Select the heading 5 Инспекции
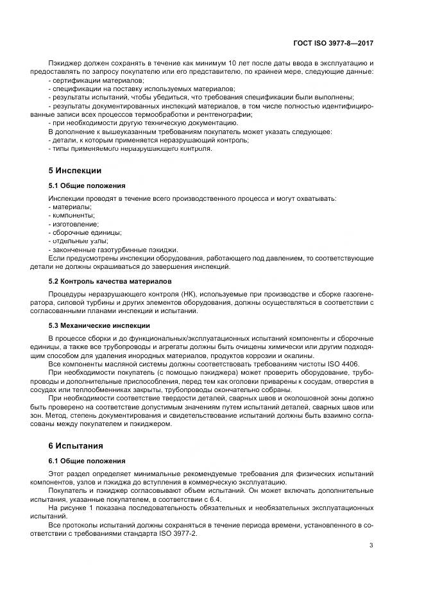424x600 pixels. click(x=75, y=171)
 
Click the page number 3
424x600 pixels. click(x=371, y=545)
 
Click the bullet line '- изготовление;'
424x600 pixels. click(x=74, y=224)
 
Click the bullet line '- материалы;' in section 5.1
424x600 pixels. click(x=71, y=207)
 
